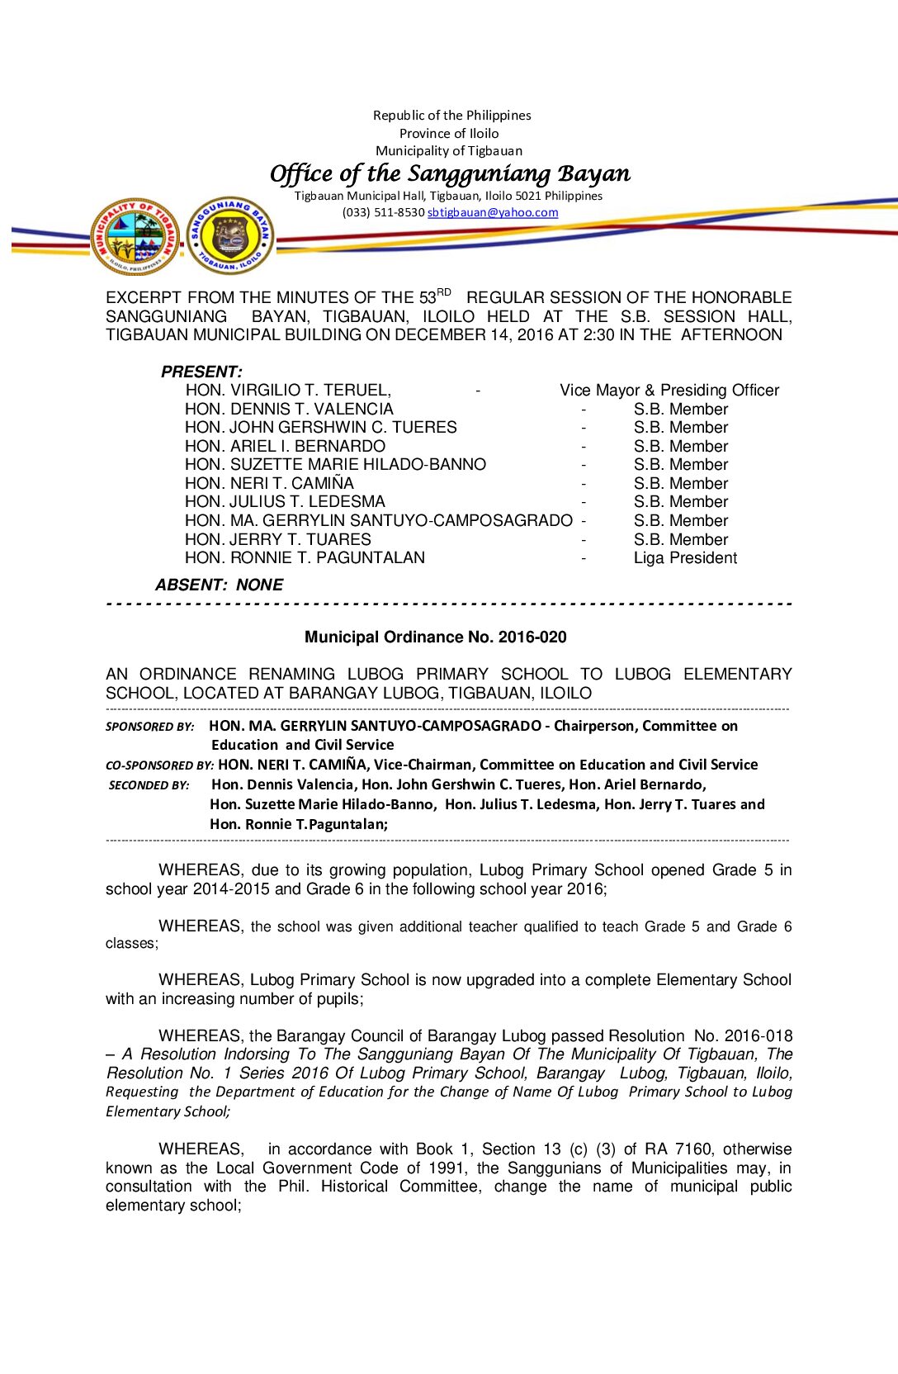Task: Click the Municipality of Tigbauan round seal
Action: click(x=135, y=236)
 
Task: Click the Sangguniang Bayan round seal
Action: click(x=230, y=235)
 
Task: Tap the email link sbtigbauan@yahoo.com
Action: click(x=493, y=212)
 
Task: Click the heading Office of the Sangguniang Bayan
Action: click(x=450, y=173)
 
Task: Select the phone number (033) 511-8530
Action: click(x=383, y=212)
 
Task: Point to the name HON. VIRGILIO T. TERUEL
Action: click(x=288, y=390)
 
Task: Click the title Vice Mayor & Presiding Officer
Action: click(x=669, y=390)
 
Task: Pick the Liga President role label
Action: click(x=685, y=558)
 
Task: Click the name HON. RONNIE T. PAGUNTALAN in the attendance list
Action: click(x=305, y=558)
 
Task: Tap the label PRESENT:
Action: click(x=201, y=372)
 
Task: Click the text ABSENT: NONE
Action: click(x=219, y=585)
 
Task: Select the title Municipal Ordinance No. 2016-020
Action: click(x=435, y=637)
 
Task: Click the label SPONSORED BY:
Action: click(x=149, y=727)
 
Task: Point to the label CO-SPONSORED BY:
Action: click(x=159, y=765)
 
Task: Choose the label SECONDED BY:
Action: click(x=149, y=785)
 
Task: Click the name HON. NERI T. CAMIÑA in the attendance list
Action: click(x=269, y=484)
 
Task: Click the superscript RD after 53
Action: click(x=444, y=292)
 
